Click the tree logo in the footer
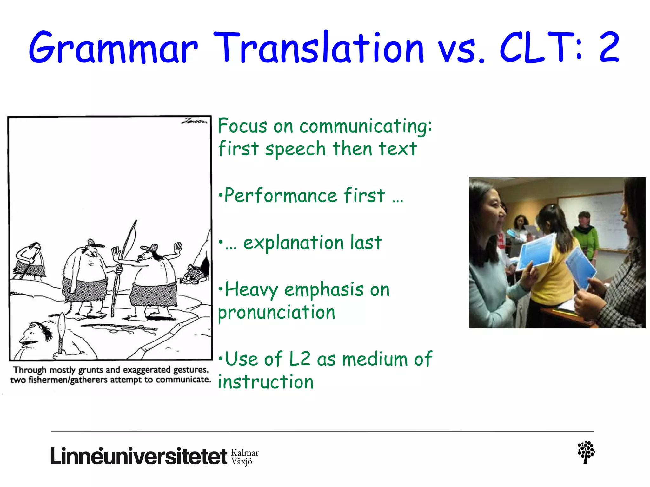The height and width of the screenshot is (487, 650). click(586, 452)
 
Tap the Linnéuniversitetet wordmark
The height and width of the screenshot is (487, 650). click(139, 457)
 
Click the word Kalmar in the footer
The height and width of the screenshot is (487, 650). click(245, 453)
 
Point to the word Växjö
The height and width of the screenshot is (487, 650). click(242, 461)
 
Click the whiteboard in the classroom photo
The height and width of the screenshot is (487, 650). click(590, 219)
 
